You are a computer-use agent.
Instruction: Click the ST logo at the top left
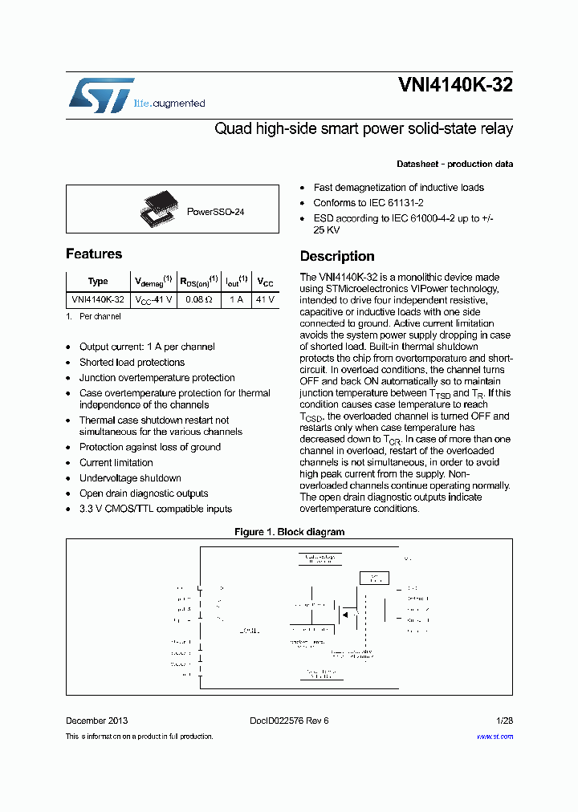pyautogui.click(x=101, y=95)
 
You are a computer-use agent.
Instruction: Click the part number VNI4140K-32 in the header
pyautogui.click(x=455, y=86)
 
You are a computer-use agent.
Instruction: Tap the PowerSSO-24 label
pyautogui.click(x=215, y=212)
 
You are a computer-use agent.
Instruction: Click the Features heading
pyautogui.click(x=94, y=254)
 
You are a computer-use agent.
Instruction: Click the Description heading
pyautogui.click(x=337, y=257)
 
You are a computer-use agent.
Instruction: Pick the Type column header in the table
pyautogui.click(x=98, y=282)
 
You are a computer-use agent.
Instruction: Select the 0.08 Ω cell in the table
pyautogui.click(x=193, y=299)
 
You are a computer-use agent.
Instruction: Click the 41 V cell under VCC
pyautogui.click(x=264, y=299)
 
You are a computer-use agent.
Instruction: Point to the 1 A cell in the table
pyautogui.click(x=236, y=299)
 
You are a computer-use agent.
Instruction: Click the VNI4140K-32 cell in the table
pyautogui.click(x=98, y=299)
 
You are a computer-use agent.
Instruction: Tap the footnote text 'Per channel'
pyautogui.click(x=100, y=317)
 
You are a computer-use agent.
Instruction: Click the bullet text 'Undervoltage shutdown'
pyautogui.click(x=130, y=478)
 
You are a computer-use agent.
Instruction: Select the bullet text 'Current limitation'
pyautogui.click(x=116, y=463)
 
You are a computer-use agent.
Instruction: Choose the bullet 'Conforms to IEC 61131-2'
pyautogui.click(x=368, y=203)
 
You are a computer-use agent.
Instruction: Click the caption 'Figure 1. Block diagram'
pyautogui.click(x=289, y=532)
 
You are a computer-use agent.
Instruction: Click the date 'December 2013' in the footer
pyautogui.click(x=96, y=721)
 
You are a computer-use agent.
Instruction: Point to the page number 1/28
pyautogui.click(x=503, y=721)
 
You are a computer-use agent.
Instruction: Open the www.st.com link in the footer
pyautogui.click(x=495, y=737)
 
